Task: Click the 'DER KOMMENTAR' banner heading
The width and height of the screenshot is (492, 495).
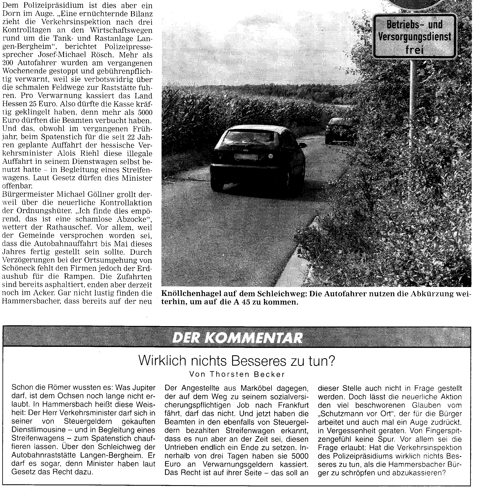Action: (237, 338)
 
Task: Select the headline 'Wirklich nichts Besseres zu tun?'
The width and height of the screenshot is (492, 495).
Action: (236, 361)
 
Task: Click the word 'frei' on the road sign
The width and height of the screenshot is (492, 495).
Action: (414, 50)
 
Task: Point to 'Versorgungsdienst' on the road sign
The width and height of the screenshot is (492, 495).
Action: (415, 37)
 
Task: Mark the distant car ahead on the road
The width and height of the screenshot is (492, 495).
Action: (340, 131)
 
